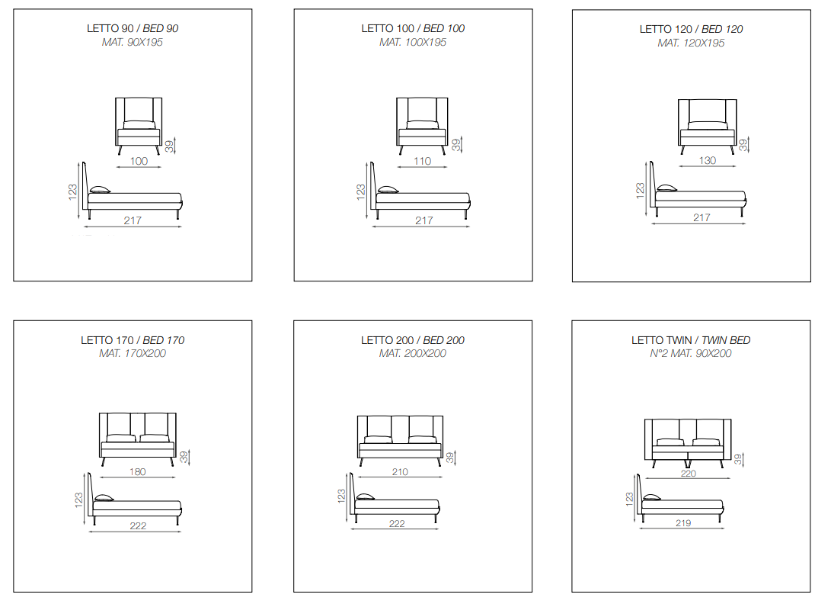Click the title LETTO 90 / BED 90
[133, 29]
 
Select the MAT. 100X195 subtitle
[413, 43]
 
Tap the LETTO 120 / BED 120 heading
[691, 29]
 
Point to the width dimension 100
[139, 161]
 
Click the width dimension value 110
[423, 161]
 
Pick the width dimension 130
[708, 160]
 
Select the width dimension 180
[138, 471]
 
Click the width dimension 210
[400, 471]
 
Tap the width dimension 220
[689, 473]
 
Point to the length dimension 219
[683, 523]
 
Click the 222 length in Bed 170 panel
[138, 525]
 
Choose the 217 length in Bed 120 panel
[702, 217]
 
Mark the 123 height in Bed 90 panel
[72, 192]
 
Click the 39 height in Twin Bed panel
[738, 460]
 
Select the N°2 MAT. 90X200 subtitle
[691, 354]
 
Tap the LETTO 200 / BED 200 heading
[413, 340]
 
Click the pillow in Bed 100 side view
[388, 189]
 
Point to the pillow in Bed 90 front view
[139, 125]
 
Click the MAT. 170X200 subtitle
[133, 354]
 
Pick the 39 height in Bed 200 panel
[450, 458]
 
